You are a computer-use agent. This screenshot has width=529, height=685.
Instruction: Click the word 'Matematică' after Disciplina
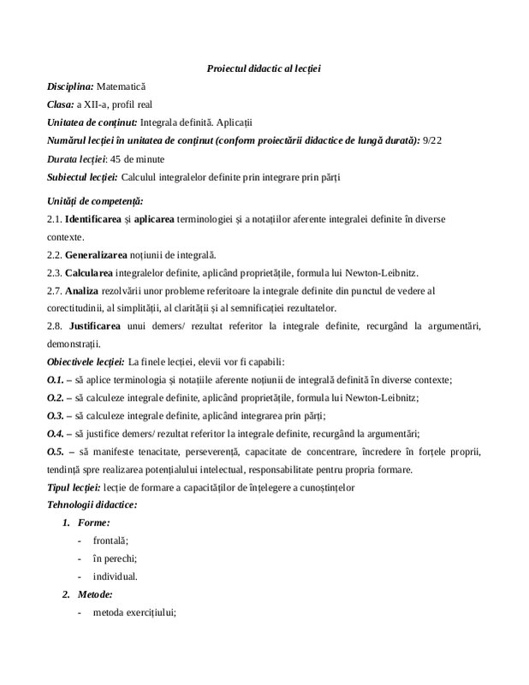click(x=122, y=86)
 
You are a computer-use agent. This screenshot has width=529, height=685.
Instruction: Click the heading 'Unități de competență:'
click(x=94, y=200)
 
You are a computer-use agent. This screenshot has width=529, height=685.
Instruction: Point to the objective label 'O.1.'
click(x=56, y=379)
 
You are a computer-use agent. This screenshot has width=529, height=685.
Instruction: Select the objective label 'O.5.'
click(x=56, y=451)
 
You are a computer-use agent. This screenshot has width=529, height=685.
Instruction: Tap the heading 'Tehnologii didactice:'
click(x=92, y=504)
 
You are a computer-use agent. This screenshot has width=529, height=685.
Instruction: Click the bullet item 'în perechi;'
click(x=116, y=558)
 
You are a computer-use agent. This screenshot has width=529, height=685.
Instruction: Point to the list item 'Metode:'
click(x=96, y=594)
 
